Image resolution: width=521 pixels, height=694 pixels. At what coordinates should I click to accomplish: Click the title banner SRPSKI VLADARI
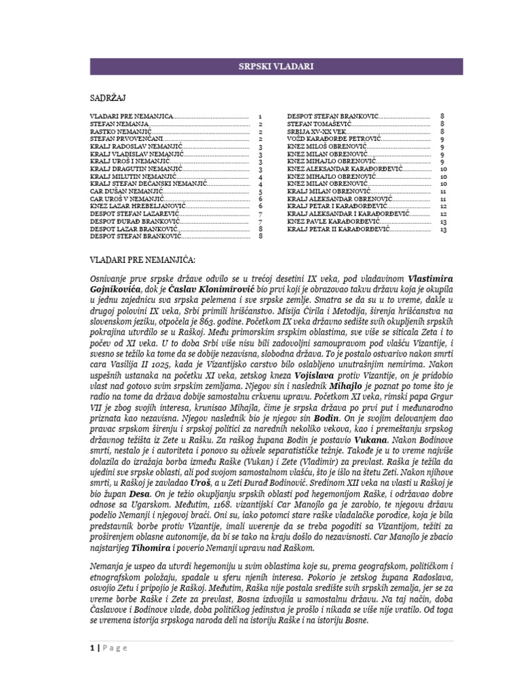(277, 66)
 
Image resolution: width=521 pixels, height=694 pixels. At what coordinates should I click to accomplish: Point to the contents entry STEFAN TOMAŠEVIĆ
(317, 125)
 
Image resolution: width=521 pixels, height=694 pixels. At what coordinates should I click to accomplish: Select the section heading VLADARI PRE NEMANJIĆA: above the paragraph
(142, 260)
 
